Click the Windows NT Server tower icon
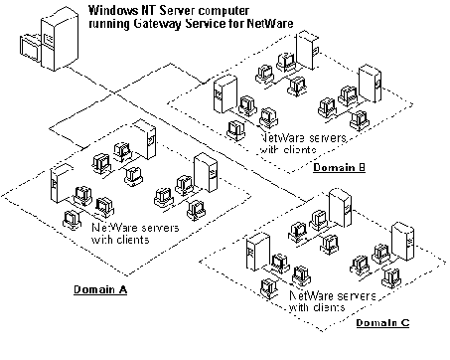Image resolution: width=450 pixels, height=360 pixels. click(64, 35)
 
